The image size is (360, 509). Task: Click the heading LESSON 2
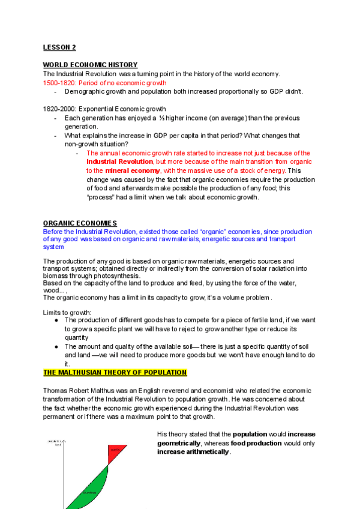59,47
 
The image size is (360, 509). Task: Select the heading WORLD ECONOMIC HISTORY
90,65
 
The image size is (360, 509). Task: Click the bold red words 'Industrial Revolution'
120,162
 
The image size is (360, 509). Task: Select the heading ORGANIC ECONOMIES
80,223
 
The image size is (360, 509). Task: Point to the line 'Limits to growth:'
67,312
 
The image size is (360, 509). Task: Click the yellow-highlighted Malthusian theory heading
115,373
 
